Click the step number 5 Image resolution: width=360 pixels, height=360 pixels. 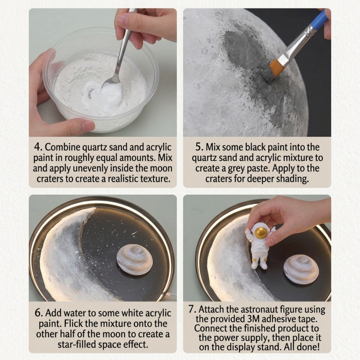tap(199, 147)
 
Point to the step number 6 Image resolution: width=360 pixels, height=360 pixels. tap(39, 313)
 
